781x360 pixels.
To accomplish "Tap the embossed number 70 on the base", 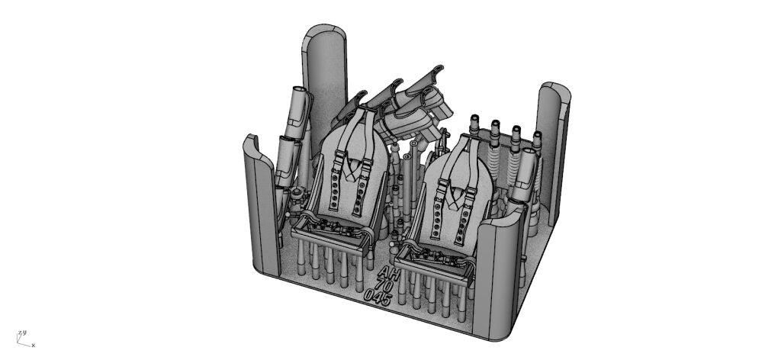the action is click(x=384, y=285).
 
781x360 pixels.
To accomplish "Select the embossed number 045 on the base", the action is click(x=378, y=296).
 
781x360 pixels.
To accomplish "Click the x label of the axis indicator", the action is click(x=34, y=345).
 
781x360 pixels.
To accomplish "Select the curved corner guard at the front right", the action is click(x=499, y=274).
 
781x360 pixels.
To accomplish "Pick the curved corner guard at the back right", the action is click(x=554, y=144).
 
